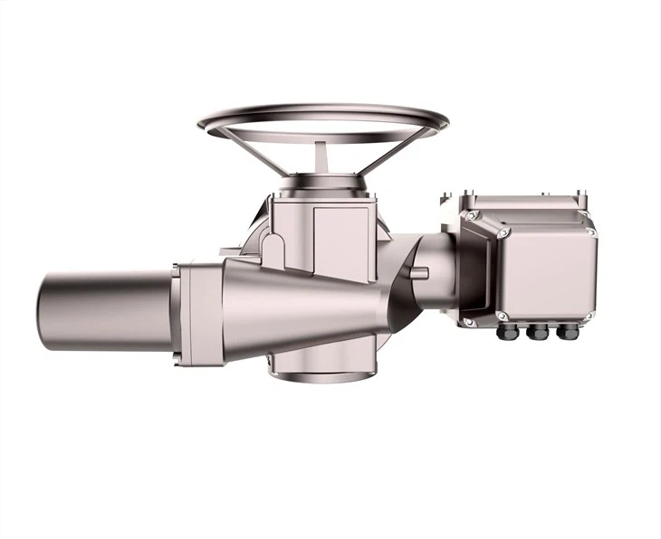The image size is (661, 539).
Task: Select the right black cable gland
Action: pyautogui.click(x=568, y=332)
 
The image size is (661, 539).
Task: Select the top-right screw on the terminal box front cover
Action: pyautogui.click(x=590, y=232)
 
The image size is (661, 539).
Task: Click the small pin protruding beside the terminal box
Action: pyautogui.click(x=421, y=271)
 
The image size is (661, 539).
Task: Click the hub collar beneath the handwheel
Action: pyautogui.click(x=322, y=184)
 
